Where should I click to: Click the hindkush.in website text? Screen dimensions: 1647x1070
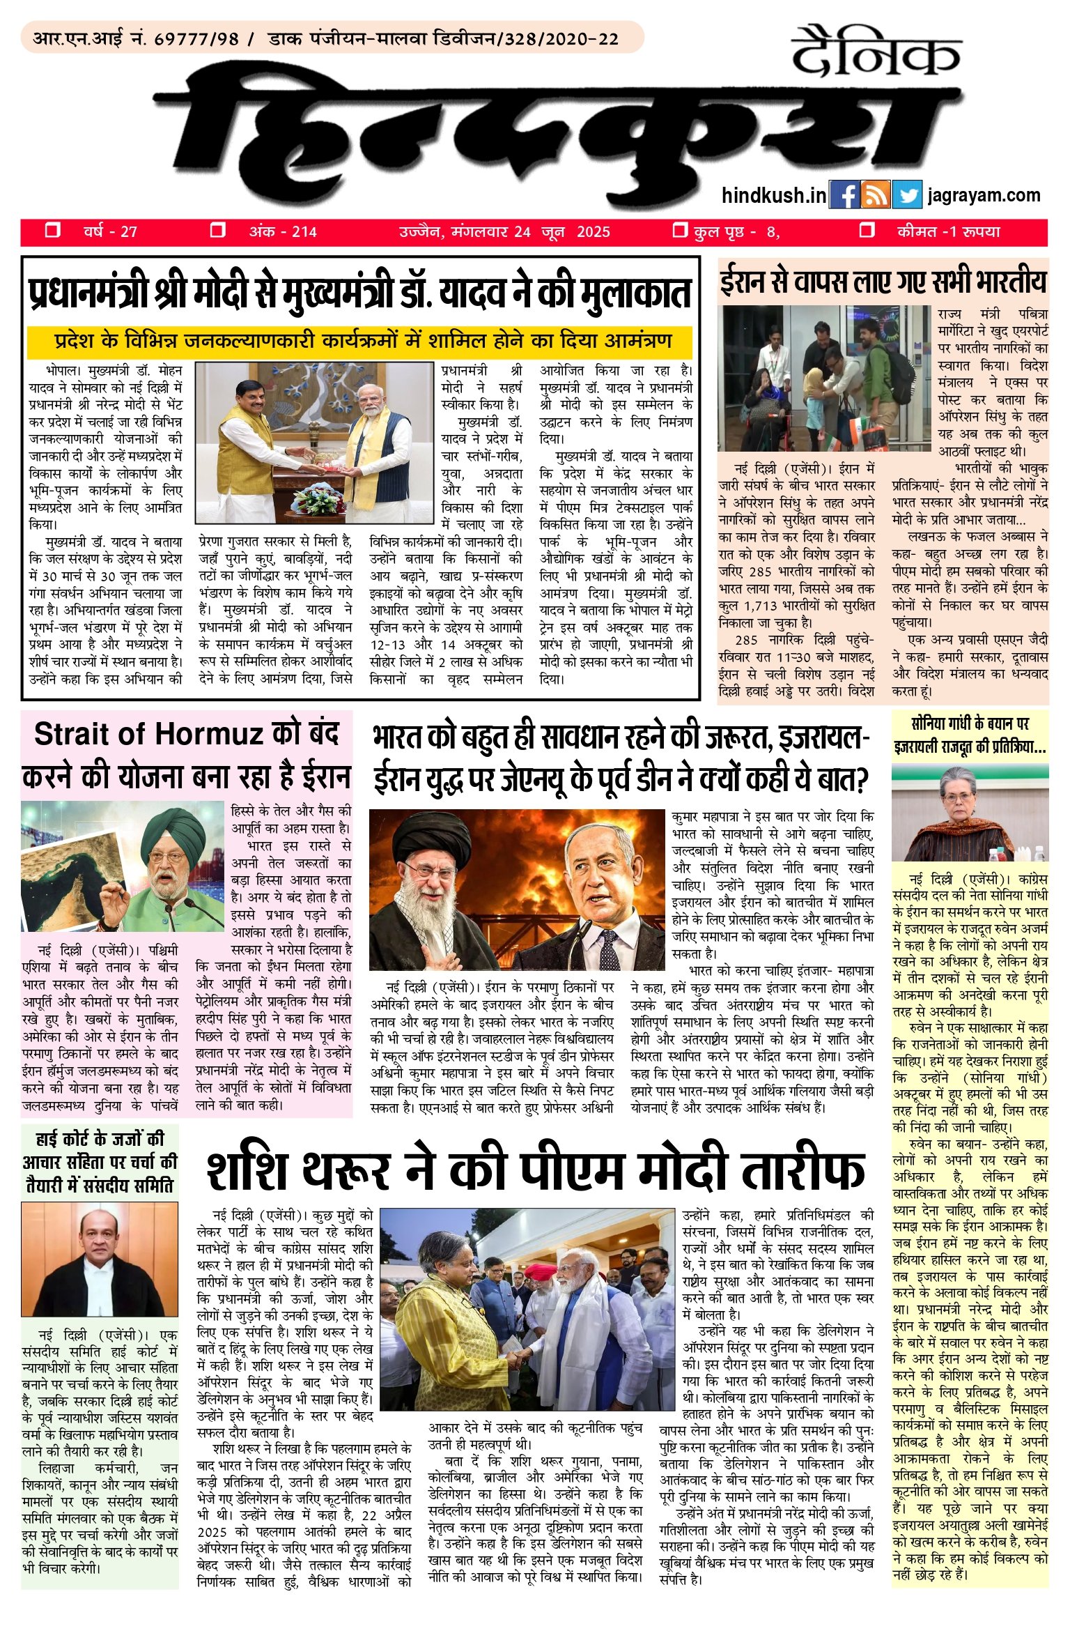[774, 196]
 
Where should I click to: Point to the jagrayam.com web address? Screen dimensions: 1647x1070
[984, 196]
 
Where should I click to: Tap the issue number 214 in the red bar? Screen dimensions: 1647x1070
[304, 232]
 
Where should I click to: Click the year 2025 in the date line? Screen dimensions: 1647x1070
[593, 232]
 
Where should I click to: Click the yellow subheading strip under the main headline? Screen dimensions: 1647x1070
[359, 342]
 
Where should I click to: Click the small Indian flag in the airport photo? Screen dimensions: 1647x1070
[859, 422]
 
